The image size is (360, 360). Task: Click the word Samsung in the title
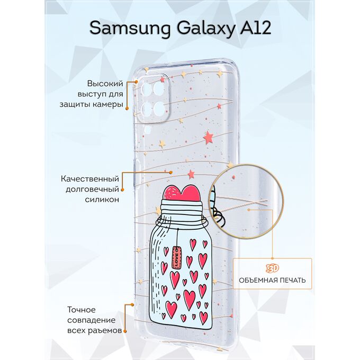click(130, 29)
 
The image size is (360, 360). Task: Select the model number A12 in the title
click(256, 28)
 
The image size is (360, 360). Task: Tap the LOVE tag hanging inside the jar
click(176, 257)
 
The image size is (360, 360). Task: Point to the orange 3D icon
click(272, 268)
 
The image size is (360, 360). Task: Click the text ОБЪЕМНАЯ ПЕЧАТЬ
click(272, 281)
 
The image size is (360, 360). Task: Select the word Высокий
click(105, 84)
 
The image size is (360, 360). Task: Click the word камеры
click(107, 105)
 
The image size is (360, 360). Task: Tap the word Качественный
click(90, 178)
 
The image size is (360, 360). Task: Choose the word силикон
click(102, 199)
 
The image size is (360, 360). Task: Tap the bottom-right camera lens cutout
click(159, 109)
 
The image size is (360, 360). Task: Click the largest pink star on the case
click(209, 137)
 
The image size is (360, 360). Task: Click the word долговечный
click(92, 189)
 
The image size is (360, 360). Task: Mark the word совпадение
click(92, 320)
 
